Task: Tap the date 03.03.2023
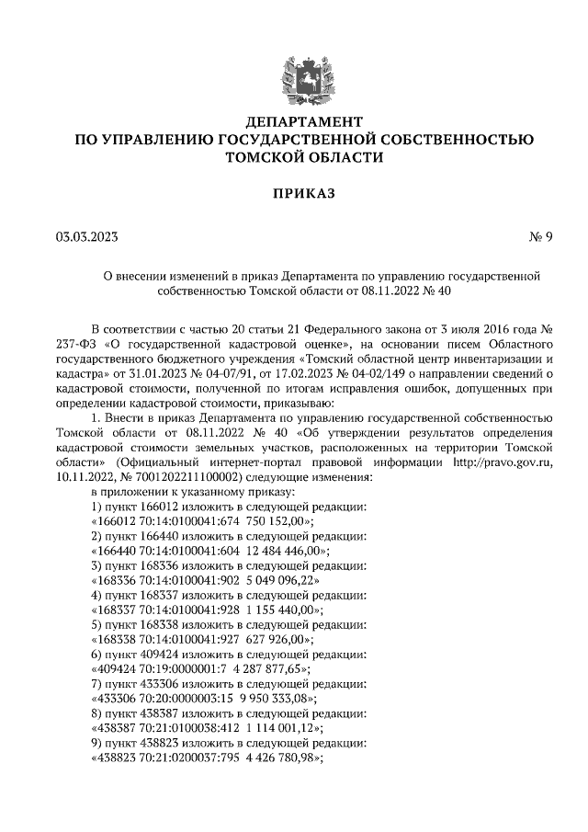click(86, 236)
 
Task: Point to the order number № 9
click(541, 236)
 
